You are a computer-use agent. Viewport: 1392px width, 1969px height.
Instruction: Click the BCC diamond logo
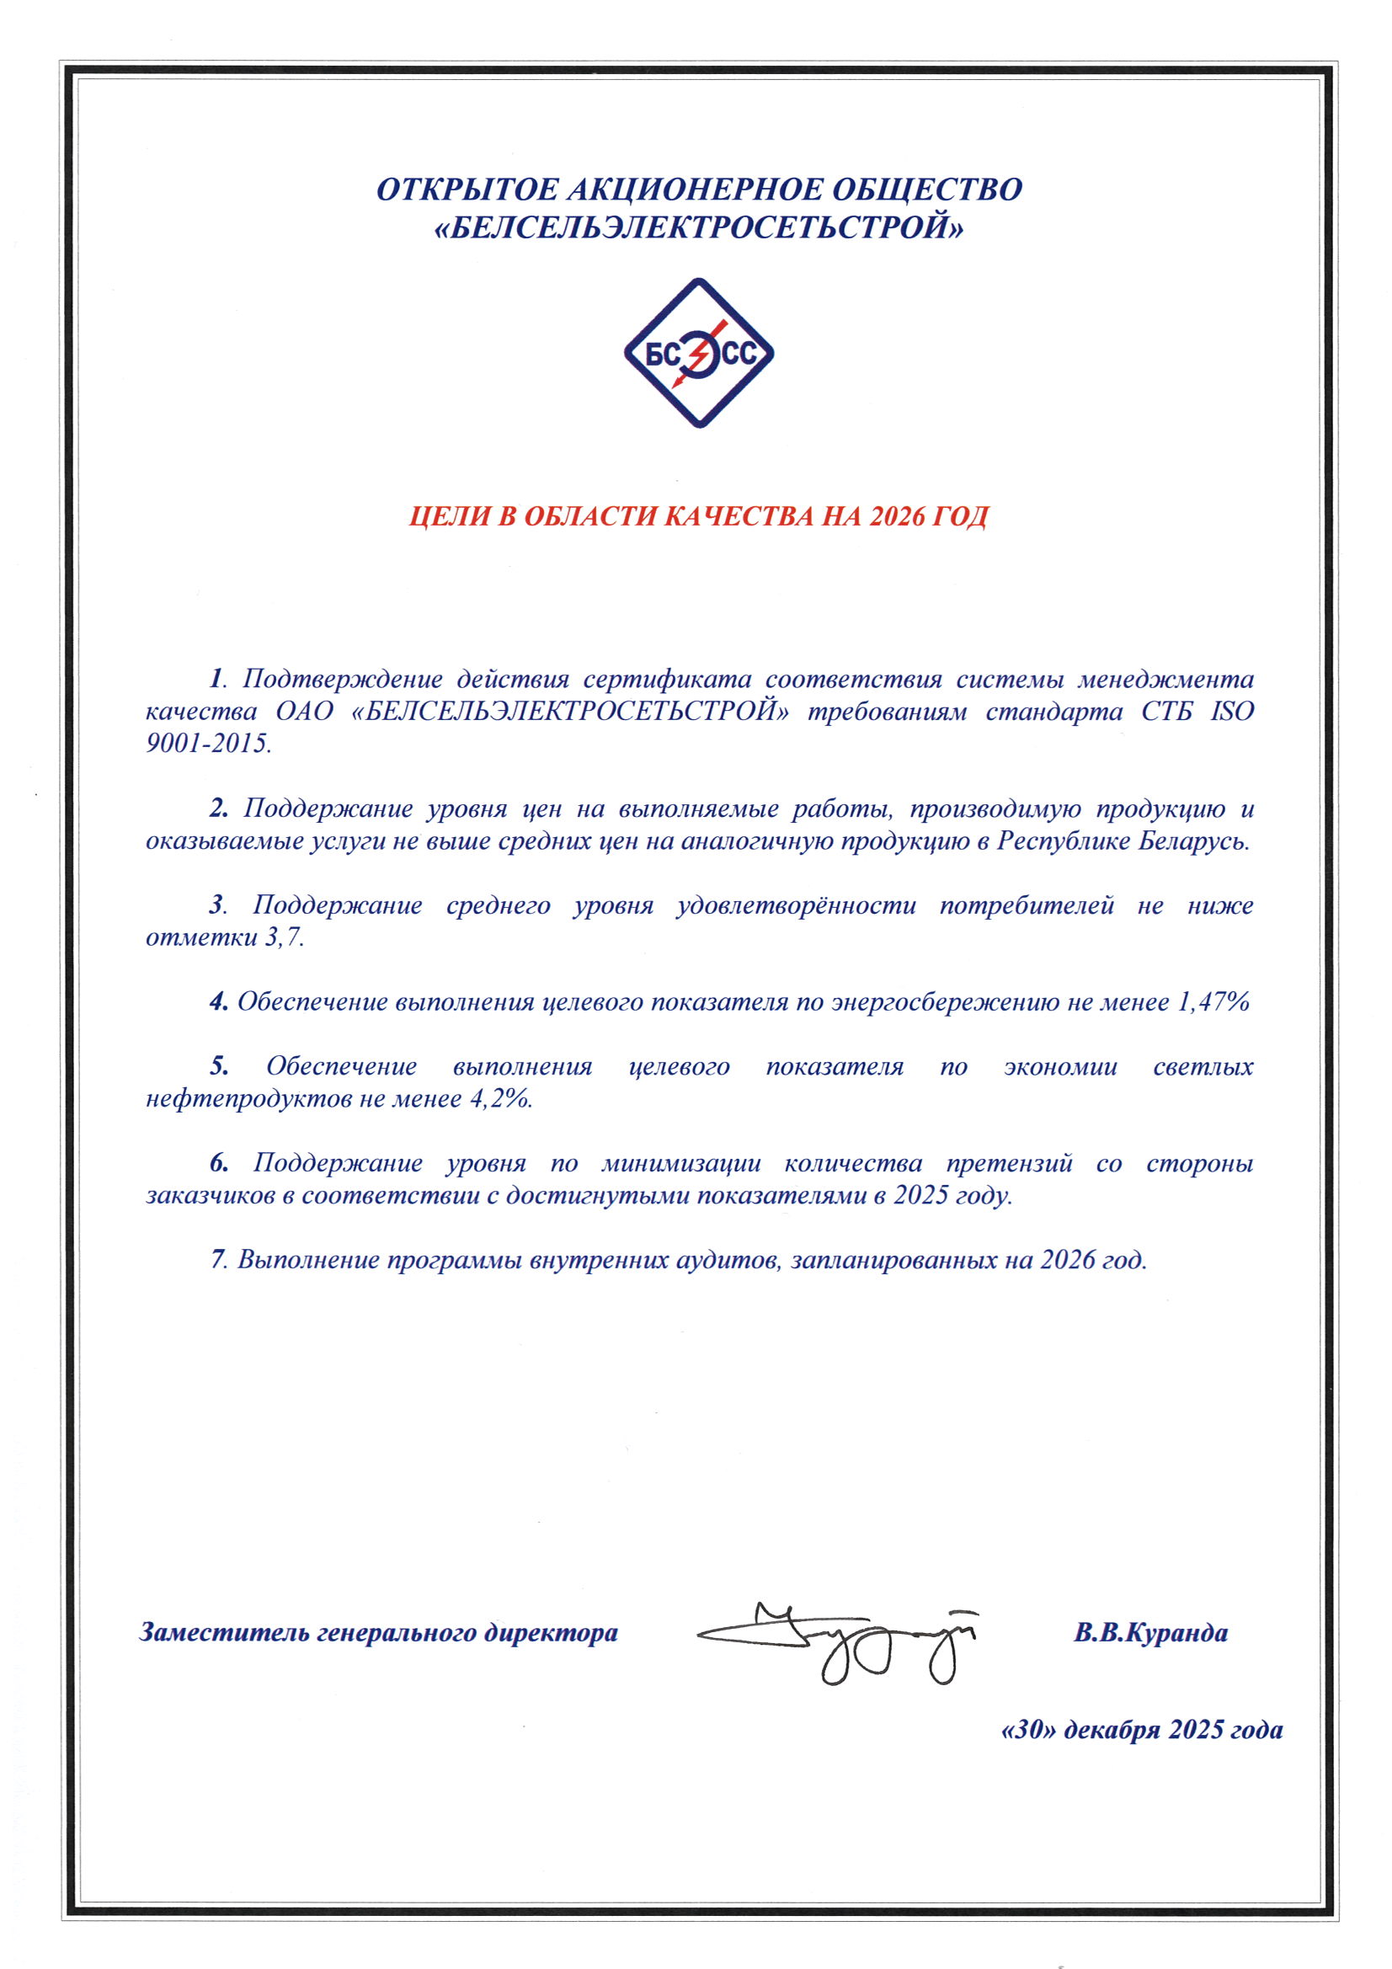[x=699, y=353]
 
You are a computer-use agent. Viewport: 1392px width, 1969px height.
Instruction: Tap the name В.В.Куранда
[x=1150, y=1632]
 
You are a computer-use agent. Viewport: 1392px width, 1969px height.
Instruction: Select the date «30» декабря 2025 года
[x=1142, y=1730]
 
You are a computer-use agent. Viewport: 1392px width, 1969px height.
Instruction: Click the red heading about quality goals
[x=698, y=516]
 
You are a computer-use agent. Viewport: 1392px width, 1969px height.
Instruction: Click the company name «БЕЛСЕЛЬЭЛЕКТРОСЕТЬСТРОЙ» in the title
[x=699, y=228]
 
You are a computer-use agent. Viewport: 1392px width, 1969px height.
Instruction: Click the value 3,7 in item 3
[x=285, y=937]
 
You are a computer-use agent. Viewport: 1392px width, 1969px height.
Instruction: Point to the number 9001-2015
[x=208, y=744]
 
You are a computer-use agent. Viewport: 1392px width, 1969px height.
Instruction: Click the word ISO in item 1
[x=1232, y=711]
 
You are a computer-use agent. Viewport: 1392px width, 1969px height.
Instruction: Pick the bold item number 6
[x=219, y=1163]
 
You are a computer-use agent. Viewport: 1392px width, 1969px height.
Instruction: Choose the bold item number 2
[x=219, y=808]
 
